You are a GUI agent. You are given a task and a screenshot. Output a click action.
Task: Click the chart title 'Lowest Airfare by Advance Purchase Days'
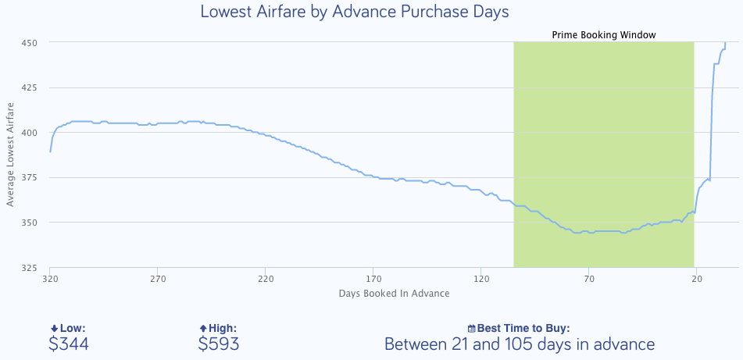355,12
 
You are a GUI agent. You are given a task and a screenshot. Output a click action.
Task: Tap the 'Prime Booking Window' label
603,35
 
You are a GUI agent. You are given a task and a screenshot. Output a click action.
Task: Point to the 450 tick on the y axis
30,42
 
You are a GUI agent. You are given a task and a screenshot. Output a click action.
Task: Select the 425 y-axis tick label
30,87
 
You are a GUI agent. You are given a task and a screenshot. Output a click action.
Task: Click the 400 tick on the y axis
30,133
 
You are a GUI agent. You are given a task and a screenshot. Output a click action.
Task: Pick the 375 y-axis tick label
30,178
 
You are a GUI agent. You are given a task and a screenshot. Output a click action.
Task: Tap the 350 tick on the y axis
30,223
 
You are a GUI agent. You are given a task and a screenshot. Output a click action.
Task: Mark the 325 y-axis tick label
30,268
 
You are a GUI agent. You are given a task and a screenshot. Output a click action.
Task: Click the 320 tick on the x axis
50,279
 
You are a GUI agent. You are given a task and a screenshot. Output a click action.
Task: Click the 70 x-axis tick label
589,279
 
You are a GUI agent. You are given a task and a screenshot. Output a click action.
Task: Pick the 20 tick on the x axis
697,279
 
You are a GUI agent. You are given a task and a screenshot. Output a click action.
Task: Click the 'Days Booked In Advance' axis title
394,294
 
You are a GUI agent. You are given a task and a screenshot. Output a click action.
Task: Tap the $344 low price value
68,344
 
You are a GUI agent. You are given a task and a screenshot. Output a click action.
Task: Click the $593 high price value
219,344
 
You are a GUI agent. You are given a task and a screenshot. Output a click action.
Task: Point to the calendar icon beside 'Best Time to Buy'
471,329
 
